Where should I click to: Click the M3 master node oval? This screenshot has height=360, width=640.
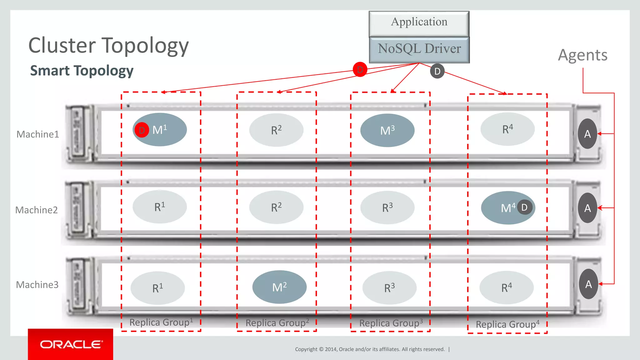point(387,130)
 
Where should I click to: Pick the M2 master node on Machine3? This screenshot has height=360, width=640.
point(279,287)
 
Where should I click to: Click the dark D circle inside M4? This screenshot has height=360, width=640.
point(524,207)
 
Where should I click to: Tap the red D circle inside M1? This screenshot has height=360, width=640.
point(142,130)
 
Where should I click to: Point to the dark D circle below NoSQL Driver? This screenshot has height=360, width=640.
point(437,71)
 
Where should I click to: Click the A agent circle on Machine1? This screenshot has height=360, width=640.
point(587,134)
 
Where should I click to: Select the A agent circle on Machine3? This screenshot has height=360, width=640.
point(588,284)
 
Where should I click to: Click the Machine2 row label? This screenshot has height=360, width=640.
point(37,210)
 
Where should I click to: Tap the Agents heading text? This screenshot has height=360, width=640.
point(582,55)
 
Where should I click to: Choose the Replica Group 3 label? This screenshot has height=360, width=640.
point(391,323)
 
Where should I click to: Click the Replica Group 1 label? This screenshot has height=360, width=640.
point(161,322)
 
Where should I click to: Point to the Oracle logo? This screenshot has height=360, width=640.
point(71,344)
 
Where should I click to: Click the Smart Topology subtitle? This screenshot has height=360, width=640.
point(82,71)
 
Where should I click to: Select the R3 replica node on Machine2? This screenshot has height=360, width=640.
point(387,207)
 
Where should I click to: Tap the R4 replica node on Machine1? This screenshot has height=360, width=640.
point(507,129)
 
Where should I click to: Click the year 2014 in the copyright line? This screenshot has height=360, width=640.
point(331,349)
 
